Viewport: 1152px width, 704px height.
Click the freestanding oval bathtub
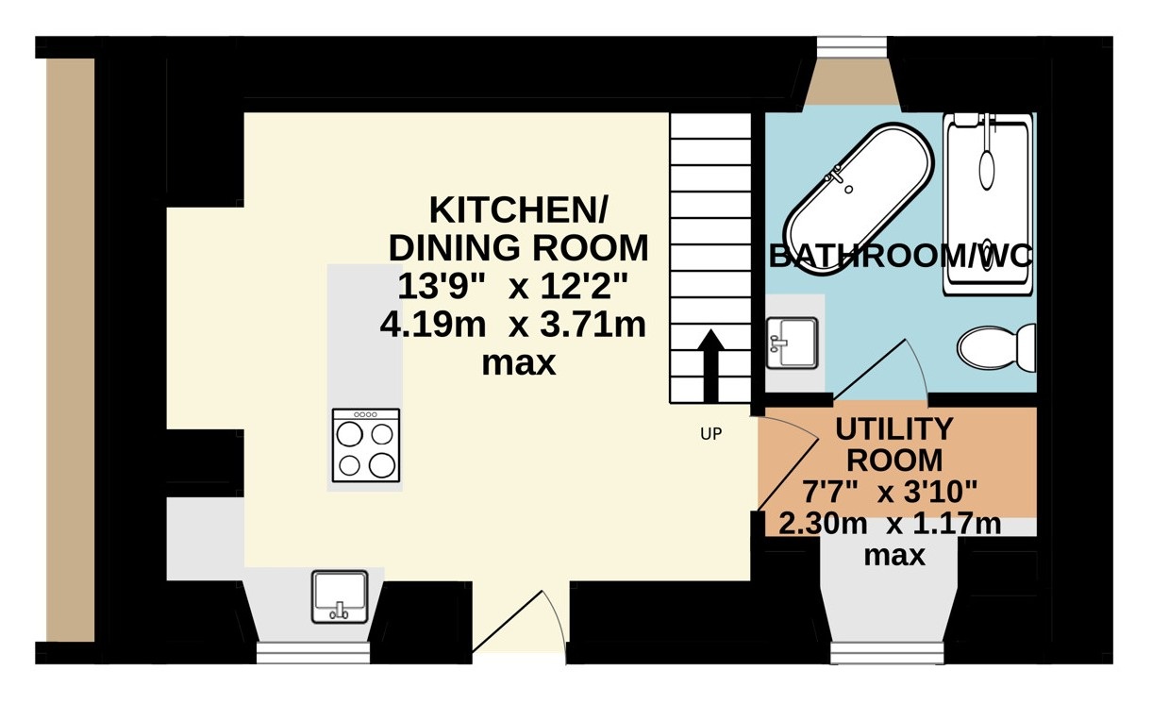pyautogui.click(x=858, y=198)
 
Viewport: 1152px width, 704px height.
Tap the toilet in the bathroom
pyautogui.click(x=996, y=347)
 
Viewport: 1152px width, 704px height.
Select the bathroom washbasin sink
pyautogui.click(x=792, y=343)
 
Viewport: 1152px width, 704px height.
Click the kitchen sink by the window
pyautogui.click(x=340, y=596)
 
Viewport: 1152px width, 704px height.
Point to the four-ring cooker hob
pyautogui.click(x=366, y=445)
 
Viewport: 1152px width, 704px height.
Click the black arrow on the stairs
pyautogui.click(x=710, y=365)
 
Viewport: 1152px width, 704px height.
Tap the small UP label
pyautogui.click(x=710, y=434)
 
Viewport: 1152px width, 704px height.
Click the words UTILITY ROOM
pyautogui.click(x=894, y=444)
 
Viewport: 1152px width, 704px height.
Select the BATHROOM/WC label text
pyautogui.click(x=901, y=256)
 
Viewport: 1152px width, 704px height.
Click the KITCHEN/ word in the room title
pyautogui.click(x=518, y=210)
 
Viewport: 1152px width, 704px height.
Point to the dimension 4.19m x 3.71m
pyautogui.click(x=512, y=325)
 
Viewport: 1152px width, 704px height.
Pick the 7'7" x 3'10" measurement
pyautogui.click(x=890, y=492)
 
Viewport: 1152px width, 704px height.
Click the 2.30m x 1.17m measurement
pyautogui.click(x=890, y=524)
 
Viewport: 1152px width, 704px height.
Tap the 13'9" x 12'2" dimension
pyautogui.click(x=512, y=287)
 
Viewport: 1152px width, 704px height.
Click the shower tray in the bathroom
pyautogui.click(x=988, y=204)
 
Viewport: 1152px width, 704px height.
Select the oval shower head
pyautogui.click(x=986, y=170)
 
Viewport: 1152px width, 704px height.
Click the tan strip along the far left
pyautogui.click(x=71, y=350)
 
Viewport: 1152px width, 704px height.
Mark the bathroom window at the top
pyautogui.click(x=852, y=45)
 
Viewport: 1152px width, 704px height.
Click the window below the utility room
pyautogui.click(x=888, y=652)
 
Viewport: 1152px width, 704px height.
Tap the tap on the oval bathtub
pyautogui.click(x=836, y=175)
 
